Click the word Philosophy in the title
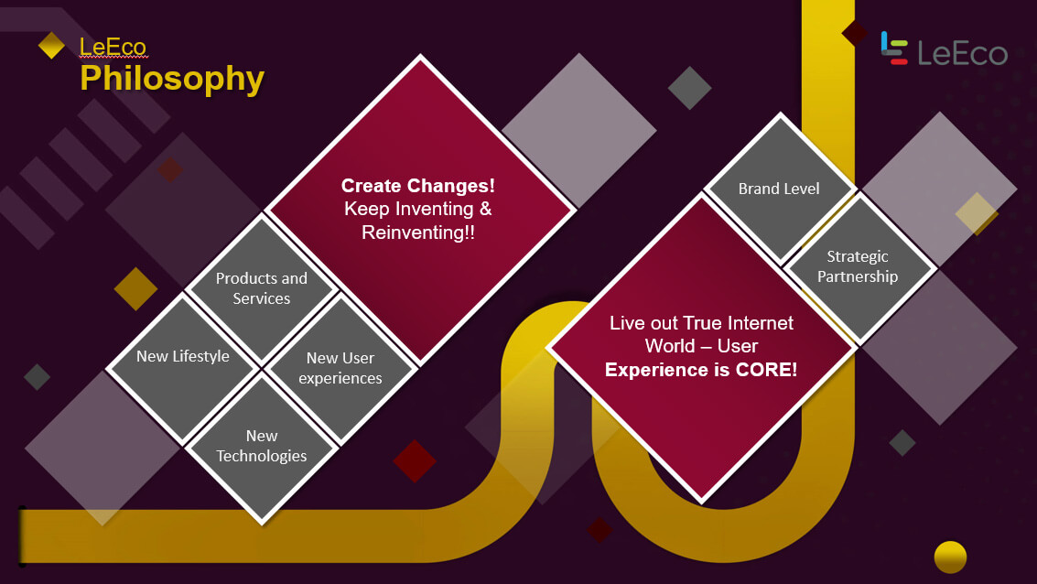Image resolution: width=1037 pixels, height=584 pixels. coord(172,80)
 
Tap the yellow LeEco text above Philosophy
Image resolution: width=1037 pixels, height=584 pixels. coord(113,47)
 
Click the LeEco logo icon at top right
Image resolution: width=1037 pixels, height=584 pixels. coord(894,49)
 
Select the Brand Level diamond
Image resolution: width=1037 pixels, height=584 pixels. coord(780,189)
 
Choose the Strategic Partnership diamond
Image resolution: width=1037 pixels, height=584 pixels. coord(858,266)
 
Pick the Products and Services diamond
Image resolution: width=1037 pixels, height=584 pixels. coord(262,288)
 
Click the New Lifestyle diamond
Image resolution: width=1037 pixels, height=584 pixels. coord(183,368)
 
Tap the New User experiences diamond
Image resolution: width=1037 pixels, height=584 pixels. coord(340,368)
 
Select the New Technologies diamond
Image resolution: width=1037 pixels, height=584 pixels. coord(262,447)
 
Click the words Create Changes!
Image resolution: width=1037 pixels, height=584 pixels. coord(418,186)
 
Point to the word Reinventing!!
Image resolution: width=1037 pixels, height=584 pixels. coord(418,233)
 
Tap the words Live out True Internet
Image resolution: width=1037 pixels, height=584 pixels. coord(701,323)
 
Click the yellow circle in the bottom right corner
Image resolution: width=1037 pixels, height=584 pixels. coord(950,557)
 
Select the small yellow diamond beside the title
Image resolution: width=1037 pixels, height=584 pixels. coord(51,46)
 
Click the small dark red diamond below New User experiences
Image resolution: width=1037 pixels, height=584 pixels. coord(415,461)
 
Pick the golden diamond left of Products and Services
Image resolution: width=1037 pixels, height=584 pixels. coord(135,289)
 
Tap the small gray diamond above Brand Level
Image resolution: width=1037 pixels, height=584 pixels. coord(690,88)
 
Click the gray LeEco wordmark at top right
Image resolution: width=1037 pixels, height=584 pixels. coord(962,53)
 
